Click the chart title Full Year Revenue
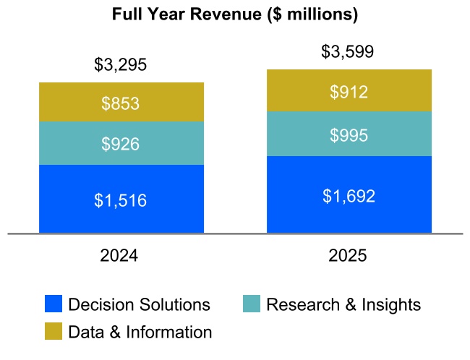point(235,14)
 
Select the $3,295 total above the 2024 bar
point(121,65)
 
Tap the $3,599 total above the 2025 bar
point(349,52)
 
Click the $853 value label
point(121,103)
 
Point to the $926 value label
point(121,144)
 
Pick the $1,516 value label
point(121,200)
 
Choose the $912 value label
point(349,92)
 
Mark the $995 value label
point(349,135)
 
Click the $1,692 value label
point(349,196)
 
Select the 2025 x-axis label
point(349,256)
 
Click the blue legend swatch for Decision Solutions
point(54,304)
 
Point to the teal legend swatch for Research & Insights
point(252,304)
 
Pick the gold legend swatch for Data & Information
point(54,332)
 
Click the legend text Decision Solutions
point(139,305)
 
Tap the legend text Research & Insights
point(343,305)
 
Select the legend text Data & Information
point(140,333)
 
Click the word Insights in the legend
point(390,305)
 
